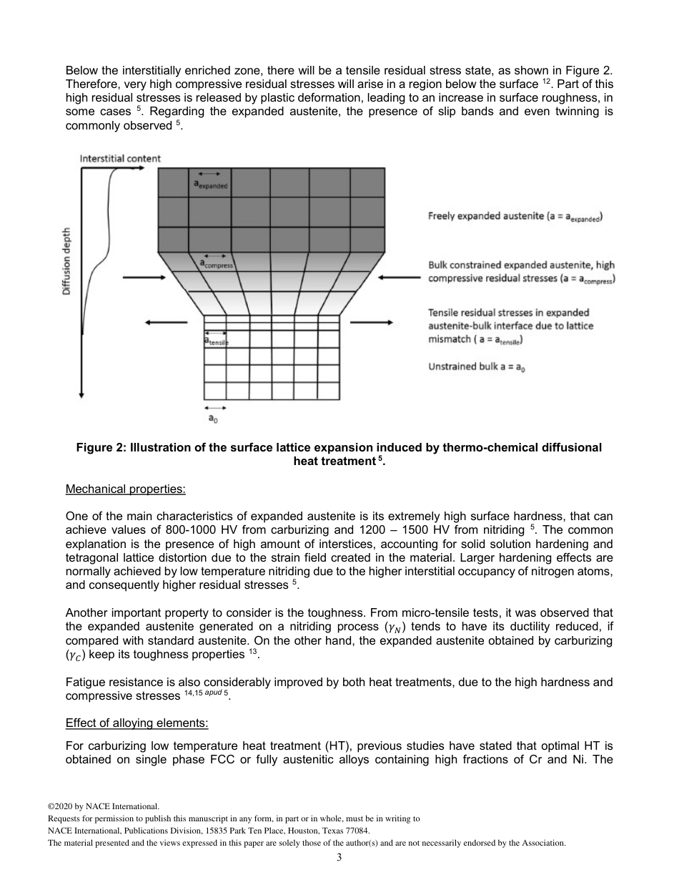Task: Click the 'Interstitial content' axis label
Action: [x=120, y=158]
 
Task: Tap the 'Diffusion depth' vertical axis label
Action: [x=66, y=261]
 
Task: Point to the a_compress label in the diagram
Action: [x=217, y=264]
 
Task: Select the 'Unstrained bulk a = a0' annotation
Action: [x=477, y=366]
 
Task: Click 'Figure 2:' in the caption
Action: [x=101, y=448]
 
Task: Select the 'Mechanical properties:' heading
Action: [x=125, y=490]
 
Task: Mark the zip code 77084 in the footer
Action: [x=357, y=831]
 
